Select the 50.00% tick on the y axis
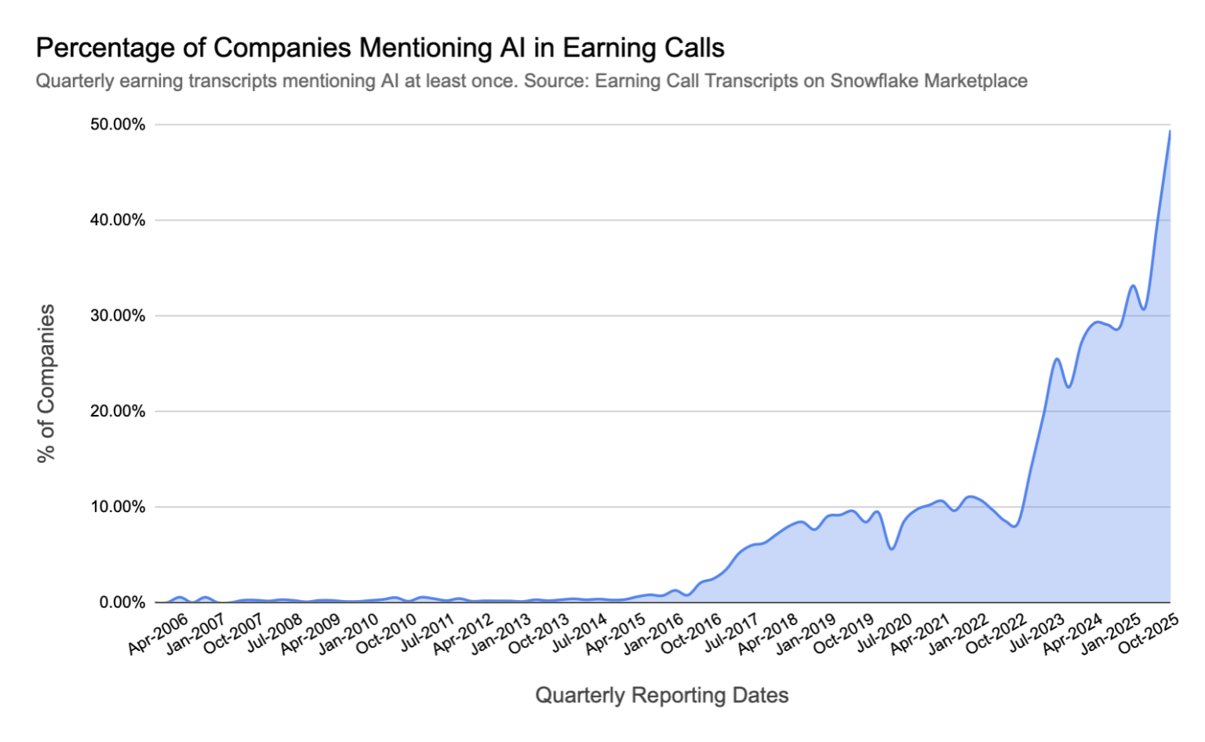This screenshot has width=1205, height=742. tap(118, 125)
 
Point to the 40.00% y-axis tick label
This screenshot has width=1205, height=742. tap(118, 220)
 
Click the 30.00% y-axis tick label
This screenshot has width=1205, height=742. tap(118, 316)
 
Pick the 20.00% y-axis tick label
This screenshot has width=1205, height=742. tap(118, 412)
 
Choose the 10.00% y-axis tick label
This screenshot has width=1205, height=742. tap(118, 507)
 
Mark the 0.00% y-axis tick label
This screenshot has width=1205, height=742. tap(122, 602)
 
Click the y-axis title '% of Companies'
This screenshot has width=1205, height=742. tap(46, 383)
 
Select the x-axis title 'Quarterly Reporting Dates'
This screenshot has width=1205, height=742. tap(661, 696)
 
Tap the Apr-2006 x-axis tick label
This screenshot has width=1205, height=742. tap(158, 634)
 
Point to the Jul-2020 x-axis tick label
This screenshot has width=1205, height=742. tap(883, 634)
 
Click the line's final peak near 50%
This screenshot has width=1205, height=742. tap(1170, 131)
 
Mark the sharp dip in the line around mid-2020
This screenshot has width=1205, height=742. tap(891, 548)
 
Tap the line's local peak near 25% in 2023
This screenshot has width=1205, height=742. tap(1057, 358)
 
